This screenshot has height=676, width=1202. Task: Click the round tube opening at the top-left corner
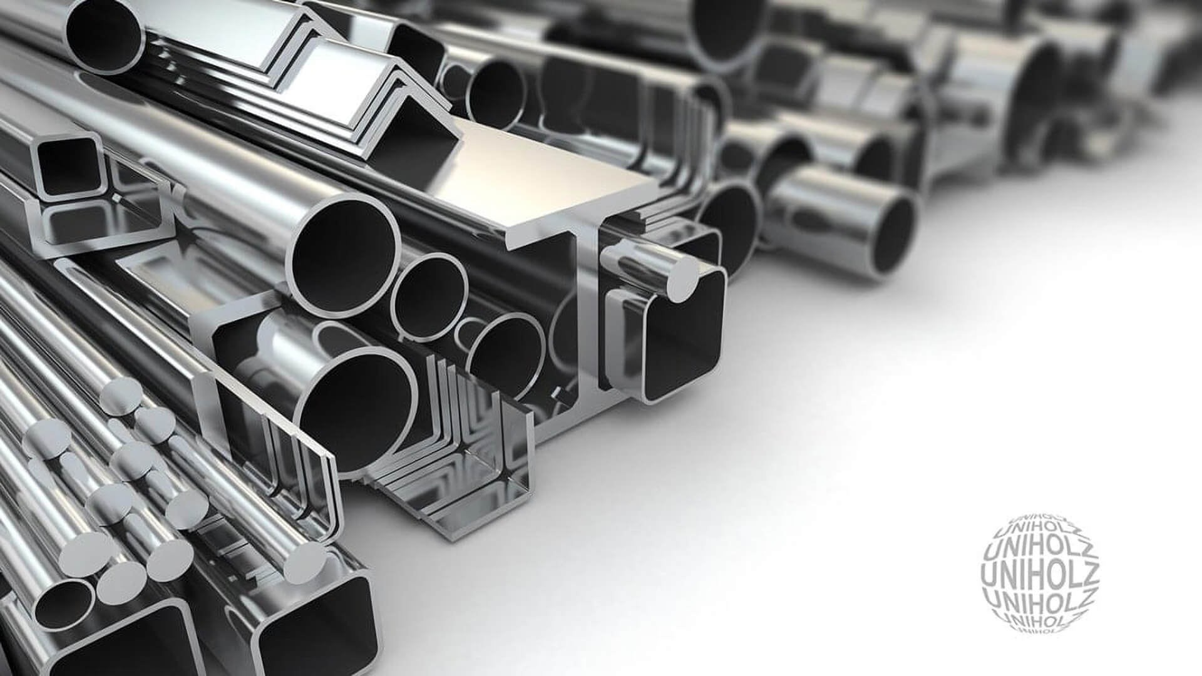click(x=104, y=28)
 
